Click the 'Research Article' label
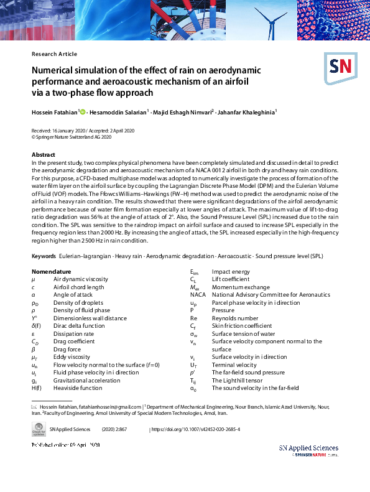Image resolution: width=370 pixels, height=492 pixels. [54, 54]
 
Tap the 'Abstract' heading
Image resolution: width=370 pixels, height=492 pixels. [43, 154]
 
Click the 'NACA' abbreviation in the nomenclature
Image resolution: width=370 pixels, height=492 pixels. [197, 295]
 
